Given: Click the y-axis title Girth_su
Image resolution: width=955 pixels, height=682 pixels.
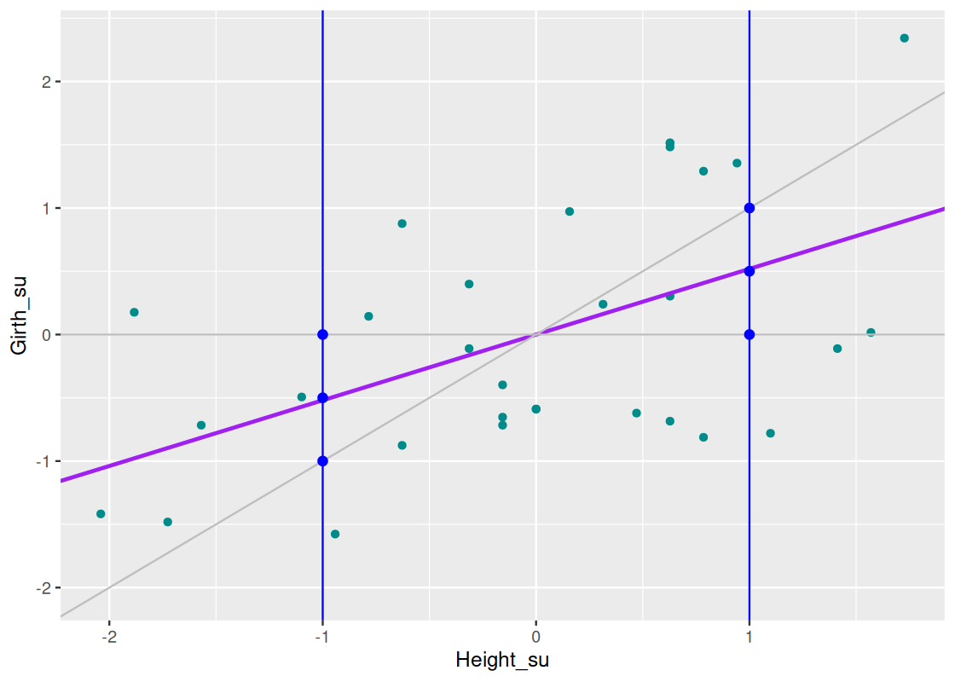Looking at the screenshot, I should pos(19,315).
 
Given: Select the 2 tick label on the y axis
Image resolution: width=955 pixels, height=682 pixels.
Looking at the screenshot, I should pos(45,82).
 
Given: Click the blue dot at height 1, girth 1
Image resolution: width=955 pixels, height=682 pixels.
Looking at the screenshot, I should pos(750,208).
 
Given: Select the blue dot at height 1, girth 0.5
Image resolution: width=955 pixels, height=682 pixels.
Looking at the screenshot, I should pos(750,271).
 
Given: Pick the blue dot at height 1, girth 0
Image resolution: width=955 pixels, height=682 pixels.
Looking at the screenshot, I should pos(750,334).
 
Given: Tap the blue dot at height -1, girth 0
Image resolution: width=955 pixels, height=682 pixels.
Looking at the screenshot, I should pos(322,334).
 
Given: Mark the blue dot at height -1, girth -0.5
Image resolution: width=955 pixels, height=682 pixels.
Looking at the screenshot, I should pos(322,397).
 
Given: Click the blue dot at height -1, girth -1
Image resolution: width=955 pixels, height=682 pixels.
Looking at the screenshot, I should pos(322,461).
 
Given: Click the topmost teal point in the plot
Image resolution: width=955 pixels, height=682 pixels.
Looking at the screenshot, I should pos(904,38).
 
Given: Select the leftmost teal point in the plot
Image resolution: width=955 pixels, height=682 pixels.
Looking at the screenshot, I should pos(101,514).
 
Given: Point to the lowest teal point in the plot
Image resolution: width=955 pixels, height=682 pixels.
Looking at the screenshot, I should pos(335,535).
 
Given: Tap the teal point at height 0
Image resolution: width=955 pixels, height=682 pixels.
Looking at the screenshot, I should pos(535,409).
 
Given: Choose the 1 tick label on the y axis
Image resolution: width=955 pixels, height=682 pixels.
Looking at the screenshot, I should pos(45,208).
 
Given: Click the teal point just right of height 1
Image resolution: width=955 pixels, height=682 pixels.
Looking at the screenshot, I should pos(770,433).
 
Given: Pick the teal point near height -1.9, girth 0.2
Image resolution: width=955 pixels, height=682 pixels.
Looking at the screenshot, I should pos(134,312).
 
